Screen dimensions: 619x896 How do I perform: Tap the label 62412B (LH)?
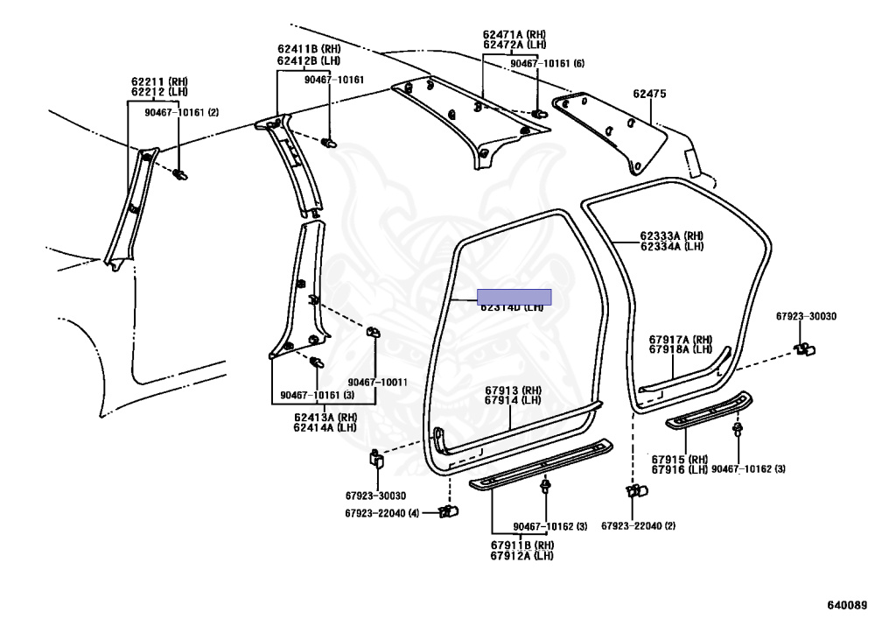(x=308, y=60)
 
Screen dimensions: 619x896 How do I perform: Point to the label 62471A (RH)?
(x=514, y=33)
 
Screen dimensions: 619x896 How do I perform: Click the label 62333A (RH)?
(x=671, y=236)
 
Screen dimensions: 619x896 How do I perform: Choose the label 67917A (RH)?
(x=681, y=339)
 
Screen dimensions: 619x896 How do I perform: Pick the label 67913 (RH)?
(x=514, y=390)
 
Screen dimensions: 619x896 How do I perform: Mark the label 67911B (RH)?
(x=521, y=545)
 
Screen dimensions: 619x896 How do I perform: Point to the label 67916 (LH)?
(x=679, y=469)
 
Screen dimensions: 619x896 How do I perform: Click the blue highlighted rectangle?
(x=513, y=297)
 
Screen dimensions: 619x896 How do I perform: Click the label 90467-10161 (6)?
(x=548, y=64)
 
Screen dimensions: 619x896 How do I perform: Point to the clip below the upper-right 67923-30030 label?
(x=804, y=349)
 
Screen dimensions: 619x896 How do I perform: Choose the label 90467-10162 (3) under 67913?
(x=550, y=525)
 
